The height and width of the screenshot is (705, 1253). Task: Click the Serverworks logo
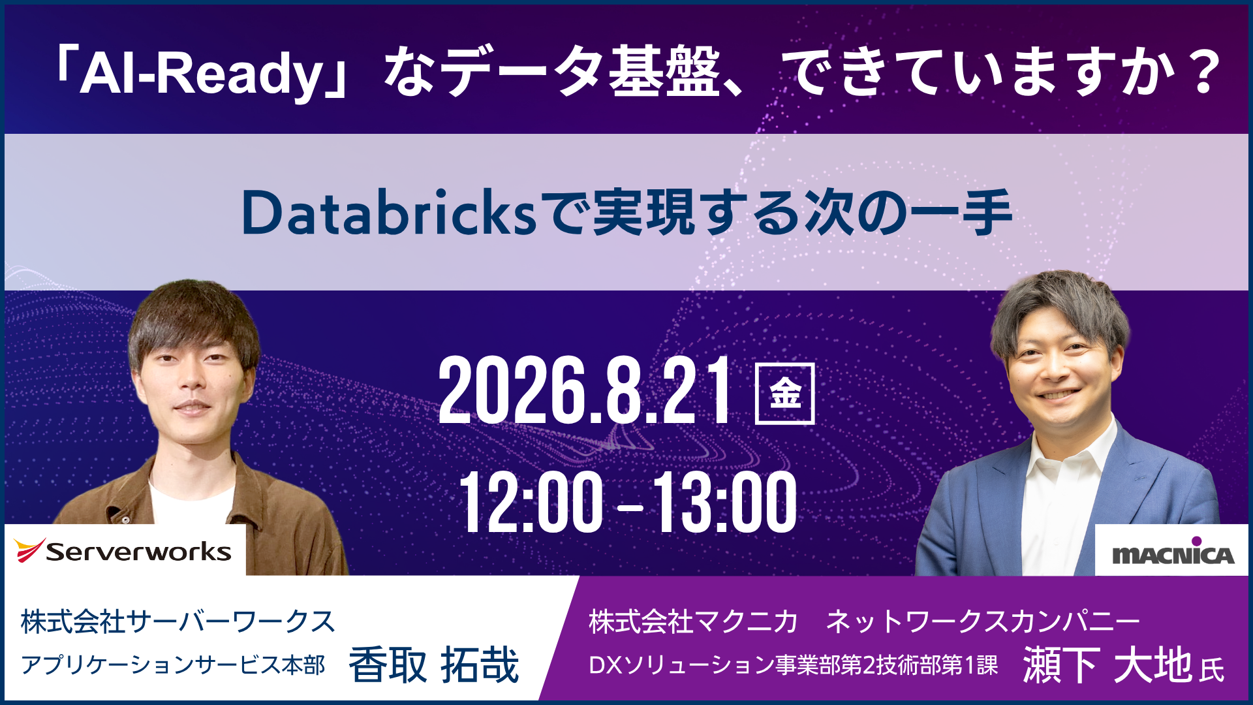pyautogui.click(x=123, y=551)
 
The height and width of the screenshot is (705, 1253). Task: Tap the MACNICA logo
pyautogui.click(x=1173, y=552)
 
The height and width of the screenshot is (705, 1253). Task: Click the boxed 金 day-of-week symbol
pyautogui.click(x=784, y=394)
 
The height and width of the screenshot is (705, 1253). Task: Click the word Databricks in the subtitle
pyautogui.click(x=389, y=213)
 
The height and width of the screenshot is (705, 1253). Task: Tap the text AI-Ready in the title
pyautogui.click(x=202, y=73)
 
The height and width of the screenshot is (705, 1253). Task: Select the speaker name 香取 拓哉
pyautogui.click(x=434, y=665)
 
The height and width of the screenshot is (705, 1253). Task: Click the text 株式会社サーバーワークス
pyautogui.click(x=178, y=621)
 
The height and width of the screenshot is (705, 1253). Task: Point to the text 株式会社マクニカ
pyautogui.click(x=693, y=621)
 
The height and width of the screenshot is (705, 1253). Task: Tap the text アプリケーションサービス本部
pyautogui.click(x=173, y=665)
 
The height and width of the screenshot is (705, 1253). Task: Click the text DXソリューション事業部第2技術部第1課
pyautogui.click(x=794, y=665)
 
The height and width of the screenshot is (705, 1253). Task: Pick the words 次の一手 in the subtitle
pyautogui.click(x=908, y=213)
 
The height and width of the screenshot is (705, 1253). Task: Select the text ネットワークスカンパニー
pyautogui.click(x=983, y=621)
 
